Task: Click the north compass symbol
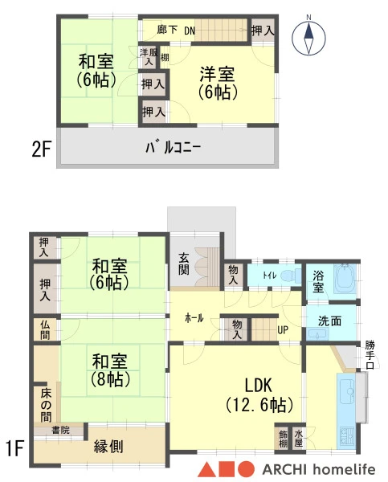click(x=308, y=38)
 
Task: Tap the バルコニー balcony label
click(x=173, y=148)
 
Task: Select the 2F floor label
click(x=41, y=149)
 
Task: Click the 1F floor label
click(x=14, y=448)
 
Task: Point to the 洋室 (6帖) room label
click(x=218, y=83)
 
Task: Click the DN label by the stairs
click(x=190, y=31)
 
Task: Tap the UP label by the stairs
click(x=283, y=330)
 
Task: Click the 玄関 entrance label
click(x=183, y=263)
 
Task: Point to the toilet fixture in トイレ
click(x=290, y=275)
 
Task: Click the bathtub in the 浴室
click(x=345, y=279)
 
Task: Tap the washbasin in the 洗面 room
click(x=318, y=334)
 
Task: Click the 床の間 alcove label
click(x=46, y=405)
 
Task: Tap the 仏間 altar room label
click(x=45, y=329)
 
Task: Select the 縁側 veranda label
click(x=108, y=447)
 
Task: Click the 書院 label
click(x=60, y=430)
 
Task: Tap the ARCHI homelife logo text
click(x=319, y=469)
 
